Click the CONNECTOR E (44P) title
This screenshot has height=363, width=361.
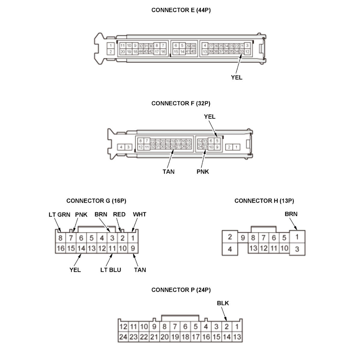click(181, 10)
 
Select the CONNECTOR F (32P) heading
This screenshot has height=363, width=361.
click(181, 103)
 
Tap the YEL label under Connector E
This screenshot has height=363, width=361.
click(236, 77)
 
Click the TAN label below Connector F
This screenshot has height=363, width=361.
click(168, 171)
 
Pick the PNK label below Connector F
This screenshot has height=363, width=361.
click(203, 171)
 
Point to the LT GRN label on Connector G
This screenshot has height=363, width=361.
click(59, 215)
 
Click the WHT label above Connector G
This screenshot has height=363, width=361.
click(140, 214)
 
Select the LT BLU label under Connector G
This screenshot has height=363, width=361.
click(111, 270)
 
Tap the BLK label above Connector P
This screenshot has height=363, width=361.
click(223, 303)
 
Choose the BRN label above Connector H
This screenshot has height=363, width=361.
click(291, 214)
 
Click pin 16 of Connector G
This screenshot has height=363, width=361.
click(60, 248)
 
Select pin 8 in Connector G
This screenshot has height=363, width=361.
click(60, 238)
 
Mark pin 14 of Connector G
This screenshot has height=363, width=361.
click(81, 248)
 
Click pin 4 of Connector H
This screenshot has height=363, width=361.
click(230, 249)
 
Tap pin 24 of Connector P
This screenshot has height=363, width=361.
click(123, 337)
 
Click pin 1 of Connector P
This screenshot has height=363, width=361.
click(237, 327)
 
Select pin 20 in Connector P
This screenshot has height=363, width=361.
click(165, 337)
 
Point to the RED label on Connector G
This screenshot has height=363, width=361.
click(119, 214)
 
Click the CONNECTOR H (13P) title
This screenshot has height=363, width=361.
click(264, 201)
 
